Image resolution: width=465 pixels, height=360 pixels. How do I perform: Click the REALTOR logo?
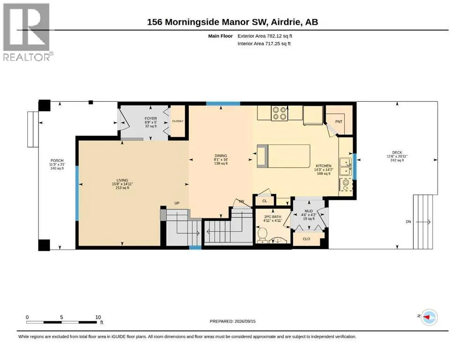point(28,32)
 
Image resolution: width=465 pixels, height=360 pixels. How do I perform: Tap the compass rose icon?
point(429,317)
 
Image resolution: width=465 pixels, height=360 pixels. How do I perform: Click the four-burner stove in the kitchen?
point(280,113)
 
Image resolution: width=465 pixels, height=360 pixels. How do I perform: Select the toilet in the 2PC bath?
point(262,235)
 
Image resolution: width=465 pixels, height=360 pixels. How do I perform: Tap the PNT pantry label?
point(339,122)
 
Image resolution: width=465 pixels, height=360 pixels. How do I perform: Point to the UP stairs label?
point(177,203)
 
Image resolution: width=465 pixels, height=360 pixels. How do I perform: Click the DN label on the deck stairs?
point(408,222)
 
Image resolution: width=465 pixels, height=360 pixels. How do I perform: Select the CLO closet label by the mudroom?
point(306,239)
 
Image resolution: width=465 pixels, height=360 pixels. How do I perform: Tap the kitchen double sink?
point(345,167)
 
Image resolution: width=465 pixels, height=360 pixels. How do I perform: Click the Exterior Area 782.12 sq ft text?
point(265,36)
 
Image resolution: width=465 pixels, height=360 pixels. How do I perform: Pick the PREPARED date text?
point(232,321)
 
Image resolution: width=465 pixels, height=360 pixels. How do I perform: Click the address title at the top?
point(232,22)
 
